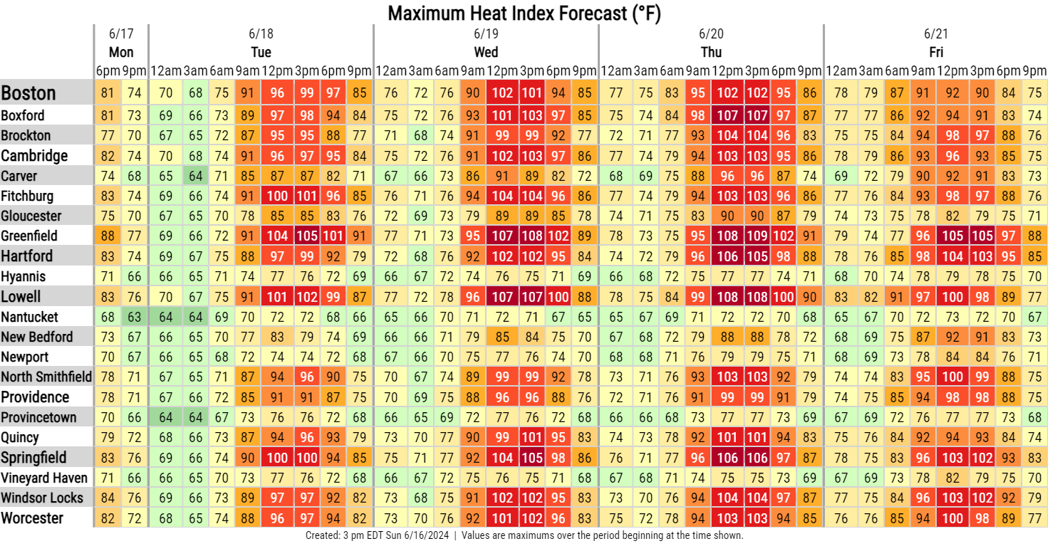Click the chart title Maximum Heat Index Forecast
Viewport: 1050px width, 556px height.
coord(524,13)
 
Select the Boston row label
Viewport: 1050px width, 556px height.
coord(28,93)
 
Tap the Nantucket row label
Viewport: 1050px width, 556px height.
coord(29,317)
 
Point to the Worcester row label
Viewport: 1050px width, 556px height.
coord(32,518)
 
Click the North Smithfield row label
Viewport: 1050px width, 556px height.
coord(46,377)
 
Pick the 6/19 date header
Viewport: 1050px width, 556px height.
coord(486,33)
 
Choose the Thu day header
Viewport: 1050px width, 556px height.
coord(711,52)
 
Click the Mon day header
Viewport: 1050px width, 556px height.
coord(121,52)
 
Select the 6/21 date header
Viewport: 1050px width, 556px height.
coord(936,33)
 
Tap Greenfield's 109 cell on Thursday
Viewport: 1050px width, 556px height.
coord(757,236)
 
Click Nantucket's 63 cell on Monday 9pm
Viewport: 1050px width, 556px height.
coord(135,317)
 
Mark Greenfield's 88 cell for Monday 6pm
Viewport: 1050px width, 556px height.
coord(108,236)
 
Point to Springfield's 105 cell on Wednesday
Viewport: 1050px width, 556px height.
coord(532,458)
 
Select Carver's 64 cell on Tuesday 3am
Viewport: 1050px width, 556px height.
coord(195,176)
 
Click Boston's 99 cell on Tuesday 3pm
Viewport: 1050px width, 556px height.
coord(307,93)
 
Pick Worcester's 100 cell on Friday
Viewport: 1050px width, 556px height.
coord(952,518)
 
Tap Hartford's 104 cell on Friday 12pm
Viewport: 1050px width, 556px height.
coord(952,256)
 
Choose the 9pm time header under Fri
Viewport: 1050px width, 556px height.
coord(1035,71)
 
